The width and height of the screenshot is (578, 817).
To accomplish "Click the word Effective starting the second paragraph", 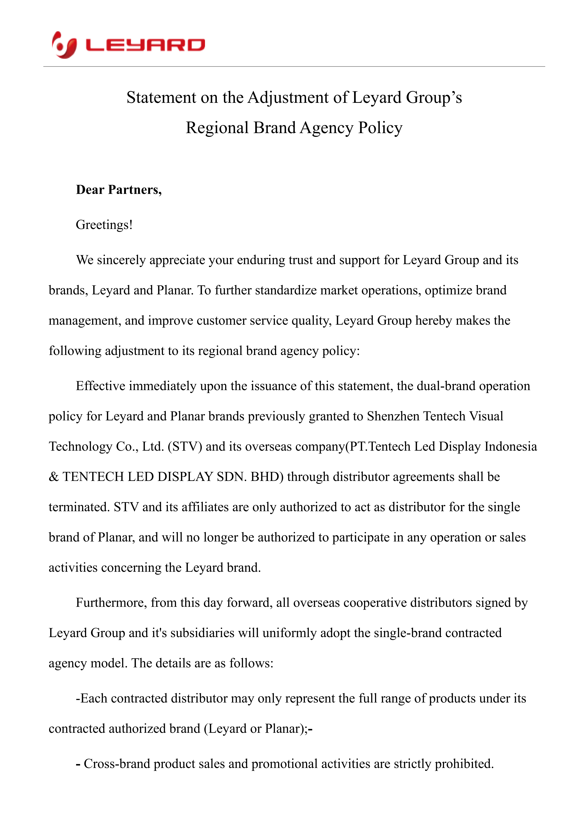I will click(100, 386).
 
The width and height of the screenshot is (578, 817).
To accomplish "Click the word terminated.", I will click(79, 507).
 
